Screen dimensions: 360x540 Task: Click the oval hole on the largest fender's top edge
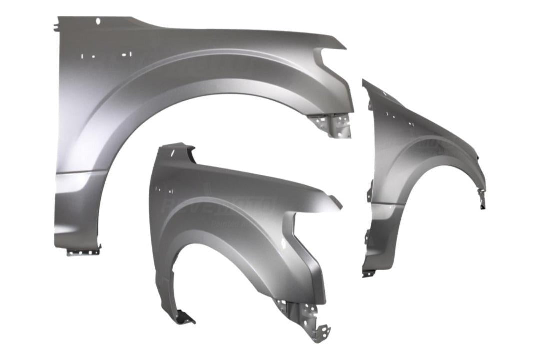click(98, 21)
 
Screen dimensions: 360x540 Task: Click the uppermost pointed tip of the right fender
click(364, 81)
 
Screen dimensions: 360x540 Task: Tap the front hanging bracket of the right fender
click(482, 200)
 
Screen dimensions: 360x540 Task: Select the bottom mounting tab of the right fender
click(369, 273)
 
